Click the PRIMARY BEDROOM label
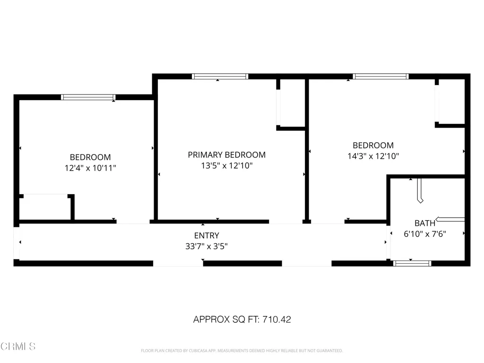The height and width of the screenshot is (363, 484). click(x=226, y=155)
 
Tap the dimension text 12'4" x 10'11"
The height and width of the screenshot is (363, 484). click(x=90, y=167)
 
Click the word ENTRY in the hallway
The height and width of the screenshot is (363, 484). click(x=207, y=235)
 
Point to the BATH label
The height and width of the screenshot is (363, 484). click(x=425, y=223)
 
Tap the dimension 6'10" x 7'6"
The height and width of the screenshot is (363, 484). click(x=425, y=233)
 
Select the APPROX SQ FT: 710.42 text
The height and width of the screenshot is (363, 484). click(x=242, y=320)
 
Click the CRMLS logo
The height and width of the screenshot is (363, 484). click(x=18, y=346)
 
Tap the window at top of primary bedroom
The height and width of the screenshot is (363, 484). click(x=220, y=76)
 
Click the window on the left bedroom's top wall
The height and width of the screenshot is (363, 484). click(x=88, y=97)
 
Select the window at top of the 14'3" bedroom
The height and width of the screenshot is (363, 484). click(x=380, y=76)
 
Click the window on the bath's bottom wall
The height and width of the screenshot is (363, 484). click(x=412, y=263)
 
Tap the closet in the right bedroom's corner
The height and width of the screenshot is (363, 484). click(x=451, y=101)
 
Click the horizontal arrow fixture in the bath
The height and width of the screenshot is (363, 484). click(x=450, y=219)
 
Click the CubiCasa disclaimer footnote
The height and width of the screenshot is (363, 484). click(x=242, y=351)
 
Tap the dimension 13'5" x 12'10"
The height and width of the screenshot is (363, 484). click(x=226, y=165)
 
